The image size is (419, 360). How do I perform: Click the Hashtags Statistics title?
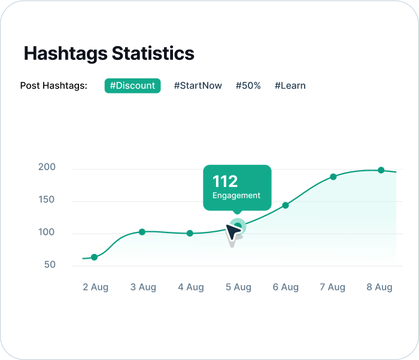pos(109,53)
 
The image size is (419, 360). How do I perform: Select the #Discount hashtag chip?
pos(132,86)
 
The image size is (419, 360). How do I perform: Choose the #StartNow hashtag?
pos(198,86)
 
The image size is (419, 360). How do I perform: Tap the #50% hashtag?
pos(248,86)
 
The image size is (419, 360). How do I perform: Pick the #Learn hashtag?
pos(290,86)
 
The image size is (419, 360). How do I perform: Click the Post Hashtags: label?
pos(54,86)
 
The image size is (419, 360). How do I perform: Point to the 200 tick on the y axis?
pos(47,167)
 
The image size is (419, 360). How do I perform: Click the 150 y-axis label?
pos(47,199)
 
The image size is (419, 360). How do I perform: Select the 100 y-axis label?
pos(47,232)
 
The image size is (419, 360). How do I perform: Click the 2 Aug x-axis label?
pos(95,288)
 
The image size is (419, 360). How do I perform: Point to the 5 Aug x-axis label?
pos(238,288)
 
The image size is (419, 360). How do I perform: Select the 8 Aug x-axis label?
pos(379,288)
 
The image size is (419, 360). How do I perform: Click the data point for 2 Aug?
pos(94,257)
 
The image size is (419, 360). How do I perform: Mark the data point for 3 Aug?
pos(142,232)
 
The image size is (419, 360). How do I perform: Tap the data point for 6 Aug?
pos(286,205)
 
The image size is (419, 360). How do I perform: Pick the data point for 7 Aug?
pos(333,177)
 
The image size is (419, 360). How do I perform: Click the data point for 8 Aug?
pos(381,170)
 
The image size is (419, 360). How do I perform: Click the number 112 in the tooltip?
pos(225,181)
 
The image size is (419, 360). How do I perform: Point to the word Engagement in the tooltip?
pos(236,195)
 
